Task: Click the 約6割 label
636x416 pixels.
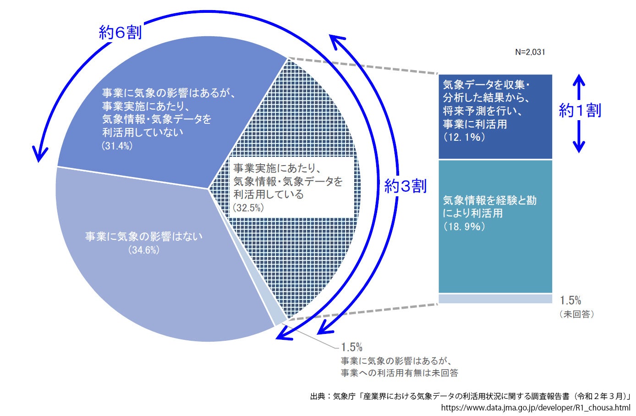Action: tap(120, 32)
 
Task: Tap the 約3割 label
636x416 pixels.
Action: tap(405, 186)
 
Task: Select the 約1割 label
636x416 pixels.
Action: tap(580, 110)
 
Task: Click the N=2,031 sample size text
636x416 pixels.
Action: tap(530, 52)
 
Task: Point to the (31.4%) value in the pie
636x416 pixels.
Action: tap(117, 146)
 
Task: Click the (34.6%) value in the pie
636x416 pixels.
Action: tap(144, 250)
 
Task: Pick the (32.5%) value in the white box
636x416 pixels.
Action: tap(248, 208)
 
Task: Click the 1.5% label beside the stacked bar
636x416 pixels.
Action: tap(570, 300)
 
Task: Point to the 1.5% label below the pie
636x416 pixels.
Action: tap(351, 347)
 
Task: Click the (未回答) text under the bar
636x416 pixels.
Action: tap(576, 314)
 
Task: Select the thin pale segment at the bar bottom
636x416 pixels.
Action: tap(495, 299)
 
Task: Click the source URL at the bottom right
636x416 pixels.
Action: tap(536, 407)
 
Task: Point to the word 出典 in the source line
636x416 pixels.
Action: tap(318, 396)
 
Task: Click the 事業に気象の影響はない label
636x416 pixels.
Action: tap(144, 237)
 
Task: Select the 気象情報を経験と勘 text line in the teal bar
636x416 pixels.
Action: tap(489, 200)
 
